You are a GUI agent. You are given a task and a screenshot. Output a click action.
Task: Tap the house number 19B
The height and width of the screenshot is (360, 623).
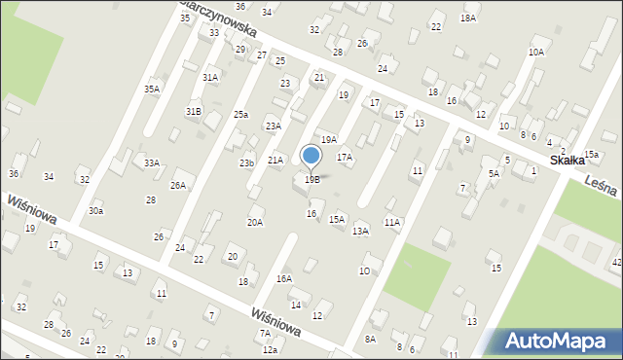[311, 179]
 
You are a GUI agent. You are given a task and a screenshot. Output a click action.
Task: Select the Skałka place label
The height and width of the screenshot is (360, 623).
[568, 160]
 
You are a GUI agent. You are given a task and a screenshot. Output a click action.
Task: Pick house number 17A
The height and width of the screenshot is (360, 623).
[345, 157]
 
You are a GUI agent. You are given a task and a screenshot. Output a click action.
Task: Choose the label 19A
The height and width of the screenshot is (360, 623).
[329, 140]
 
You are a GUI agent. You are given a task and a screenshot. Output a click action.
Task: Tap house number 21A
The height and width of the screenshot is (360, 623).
[275, 160]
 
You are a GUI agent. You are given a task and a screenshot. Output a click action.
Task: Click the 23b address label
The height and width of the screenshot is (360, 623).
[247, 162]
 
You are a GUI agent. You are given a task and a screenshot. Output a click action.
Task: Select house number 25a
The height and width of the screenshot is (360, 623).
[240, 115]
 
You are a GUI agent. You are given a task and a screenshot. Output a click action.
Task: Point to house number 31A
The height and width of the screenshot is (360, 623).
[210, 77]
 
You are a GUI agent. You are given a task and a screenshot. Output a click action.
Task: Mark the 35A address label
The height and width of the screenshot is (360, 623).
[152, 89]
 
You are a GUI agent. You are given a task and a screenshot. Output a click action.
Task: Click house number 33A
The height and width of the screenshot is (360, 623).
[152, 162]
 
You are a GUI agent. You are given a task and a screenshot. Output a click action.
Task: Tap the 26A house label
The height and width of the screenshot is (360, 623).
[178, 185]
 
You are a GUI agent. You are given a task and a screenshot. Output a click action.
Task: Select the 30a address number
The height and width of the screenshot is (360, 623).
[95, 210]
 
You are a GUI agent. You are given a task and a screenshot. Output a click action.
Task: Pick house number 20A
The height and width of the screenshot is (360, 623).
[254, 222]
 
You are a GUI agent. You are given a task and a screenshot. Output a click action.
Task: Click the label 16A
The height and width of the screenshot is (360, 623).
[283, 278]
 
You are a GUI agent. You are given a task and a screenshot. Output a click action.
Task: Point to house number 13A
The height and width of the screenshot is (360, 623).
[360, 231]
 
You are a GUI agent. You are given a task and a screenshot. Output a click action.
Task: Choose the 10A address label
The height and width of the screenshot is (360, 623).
[536, 52]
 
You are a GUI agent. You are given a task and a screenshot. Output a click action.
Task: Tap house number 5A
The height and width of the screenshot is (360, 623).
[494, 173]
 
